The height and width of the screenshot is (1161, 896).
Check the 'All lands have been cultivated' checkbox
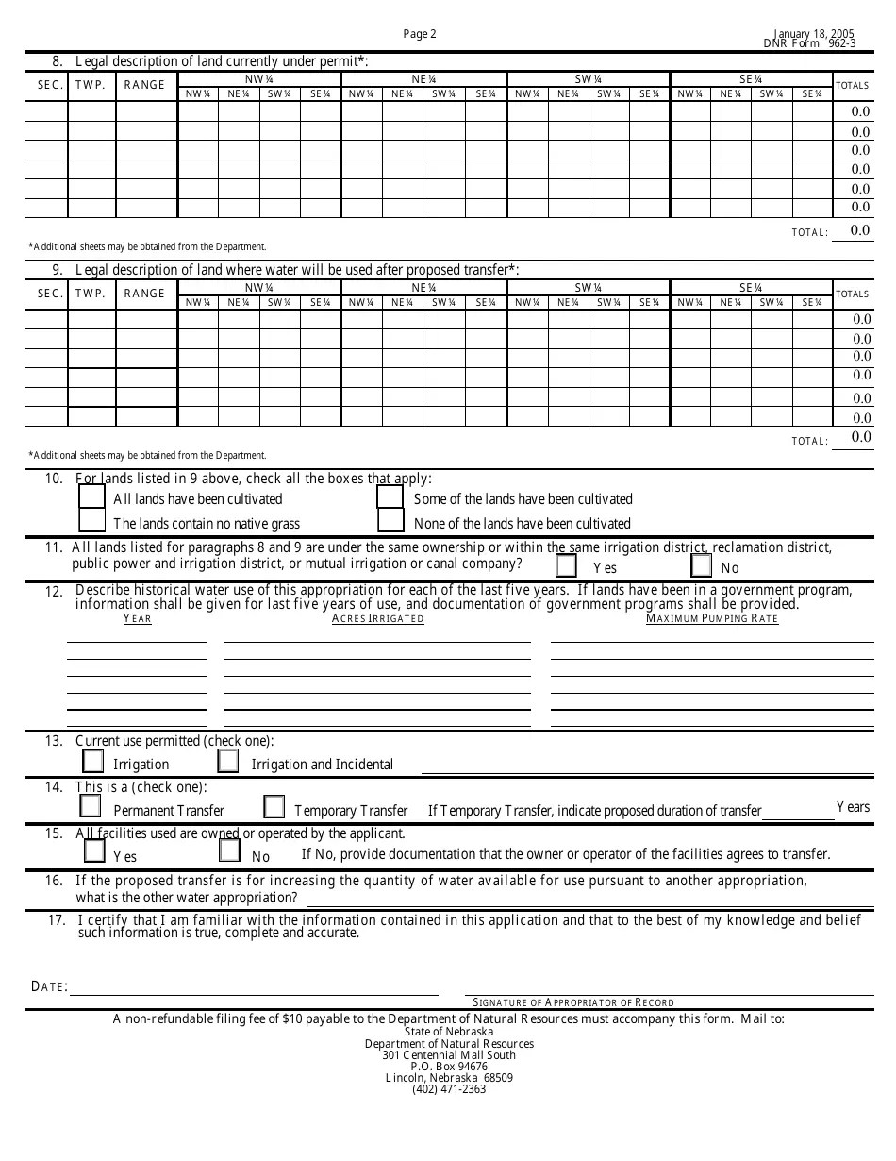coord(91,496)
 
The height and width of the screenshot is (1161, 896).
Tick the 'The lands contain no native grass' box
coord(91,521)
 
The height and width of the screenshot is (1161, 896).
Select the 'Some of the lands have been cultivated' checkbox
coord(390,496)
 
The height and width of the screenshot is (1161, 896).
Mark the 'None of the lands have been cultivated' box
coord(390,521)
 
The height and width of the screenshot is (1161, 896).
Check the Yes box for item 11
coord(566,566)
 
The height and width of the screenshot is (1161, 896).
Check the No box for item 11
coord(701,566)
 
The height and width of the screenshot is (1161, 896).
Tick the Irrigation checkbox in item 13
coord(92,761)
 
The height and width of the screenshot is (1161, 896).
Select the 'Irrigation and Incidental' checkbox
coord(228,761)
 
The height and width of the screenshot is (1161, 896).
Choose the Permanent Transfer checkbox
coord(91,807)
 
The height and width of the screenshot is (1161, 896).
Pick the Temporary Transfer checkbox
coord(274,807)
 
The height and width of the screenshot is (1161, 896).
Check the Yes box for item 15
coord(94,851)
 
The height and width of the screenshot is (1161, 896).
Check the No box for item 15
coord(229,851)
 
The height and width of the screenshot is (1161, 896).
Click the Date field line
coord(255,987)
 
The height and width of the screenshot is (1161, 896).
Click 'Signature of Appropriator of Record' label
coord(573,1002)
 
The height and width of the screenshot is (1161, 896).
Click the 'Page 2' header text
coord(420,34)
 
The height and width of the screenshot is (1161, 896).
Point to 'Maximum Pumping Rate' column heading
coord(712,619)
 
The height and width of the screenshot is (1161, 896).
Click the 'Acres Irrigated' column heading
coord(377,619)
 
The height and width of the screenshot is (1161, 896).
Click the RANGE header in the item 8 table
coord(144,85)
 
